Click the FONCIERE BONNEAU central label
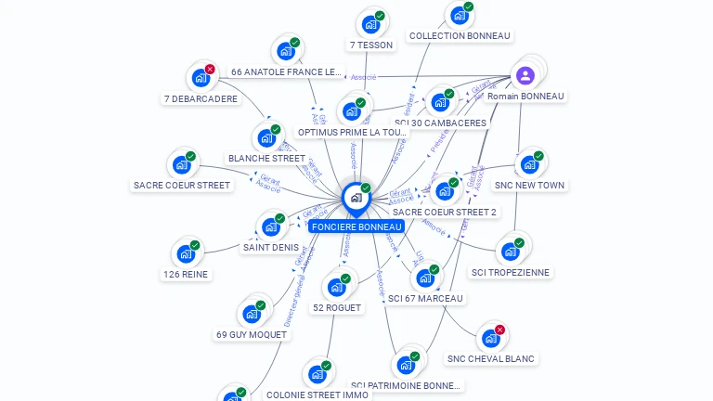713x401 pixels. (x=356, y=226)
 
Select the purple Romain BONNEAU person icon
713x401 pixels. (x=525, y=76)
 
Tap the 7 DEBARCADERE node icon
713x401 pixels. (x=200, y=78)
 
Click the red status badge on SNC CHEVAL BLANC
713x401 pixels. (x=499, y=330)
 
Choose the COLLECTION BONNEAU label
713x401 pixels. (x=460, y=36)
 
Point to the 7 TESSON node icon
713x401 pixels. (x=370, y=24)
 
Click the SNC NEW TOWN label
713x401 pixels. (x=530, y=186)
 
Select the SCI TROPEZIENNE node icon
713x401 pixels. (x=510, y=251)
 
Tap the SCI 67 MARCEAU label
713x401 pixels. (x=425, y=299)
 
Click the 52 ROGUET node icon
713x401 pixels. (x=336, y=287)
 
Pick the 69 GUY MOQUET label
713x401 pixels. (x=251, y=335)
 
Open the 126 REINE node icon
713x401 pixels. (x=186, y=253)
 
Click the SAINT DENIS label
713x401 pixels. (x=270, y=248)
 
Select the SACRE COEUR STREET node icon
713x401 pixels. (x=181, y=165)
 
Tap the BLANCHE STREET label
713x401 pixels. (x=266, y=159)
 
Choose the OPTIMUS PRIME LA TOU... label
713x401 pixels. (x=352, y=133)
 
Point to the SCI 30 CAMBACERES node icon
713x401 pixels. (x=439, y=102)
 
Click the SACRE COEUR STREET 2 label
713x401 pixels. (x=445, y=213)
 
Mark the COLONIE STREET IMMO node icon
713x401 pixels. (x=318, y=374)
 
